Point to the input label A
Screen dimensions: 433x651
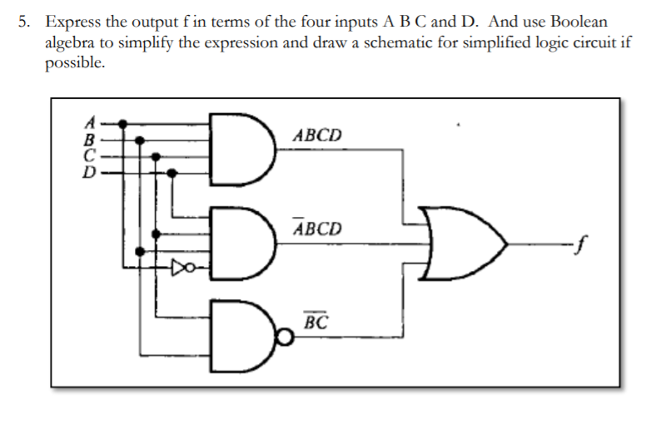(94, 121)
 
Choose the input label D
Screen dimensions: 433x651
(94, 172)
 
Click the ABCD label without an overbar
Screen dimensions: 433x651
(316, 135)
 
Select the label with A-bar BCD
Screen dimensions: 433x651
(316, 227)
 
